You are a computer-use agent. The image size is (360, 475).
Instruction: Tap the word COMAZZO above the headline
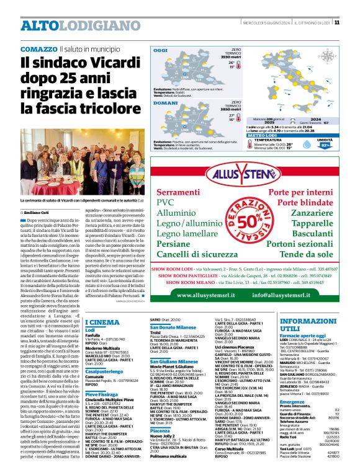pos(38,48)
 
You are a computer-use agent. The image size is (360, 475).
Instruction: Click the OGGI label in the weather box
pos(161,50)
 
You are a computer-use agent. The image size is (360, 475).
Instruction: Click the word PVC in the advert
pos(166,202)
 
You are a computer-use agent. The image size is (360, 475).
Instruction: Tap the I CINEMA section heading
pos(102,322)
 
